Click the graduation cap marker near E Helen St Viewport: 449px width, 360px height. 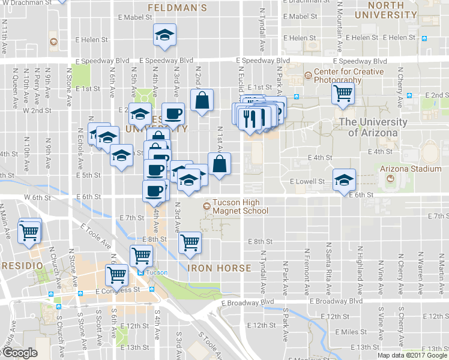tap(164, 35)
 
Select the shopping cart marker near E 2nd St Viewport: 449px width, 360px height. tap(343, 94)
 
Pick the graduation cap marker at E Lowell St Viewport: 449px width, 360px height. tap(345, 180)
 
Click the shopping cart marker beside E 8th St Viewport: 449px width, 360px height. tap(190, 242)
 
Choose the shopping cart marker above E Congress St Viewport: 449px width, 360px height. tap(116, 275)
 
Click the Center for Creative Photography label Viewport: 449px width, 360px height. tap(343, 76)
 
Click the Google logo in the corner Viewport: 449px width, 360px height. tap(19, 353)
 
